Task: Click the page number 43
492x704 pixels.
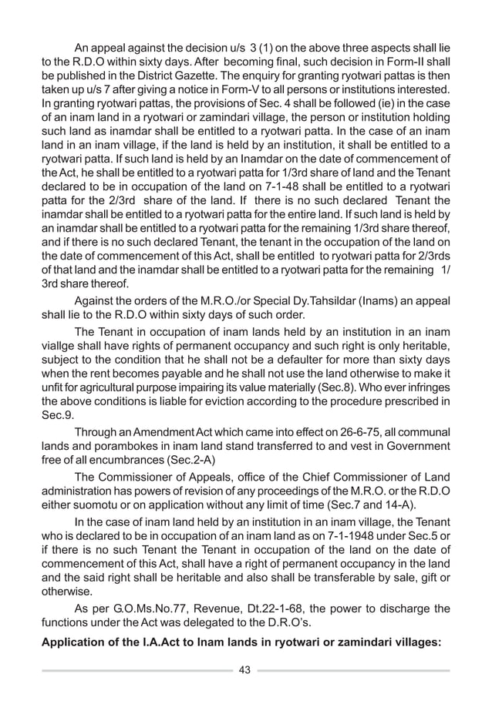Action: (x=245, y=669)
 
